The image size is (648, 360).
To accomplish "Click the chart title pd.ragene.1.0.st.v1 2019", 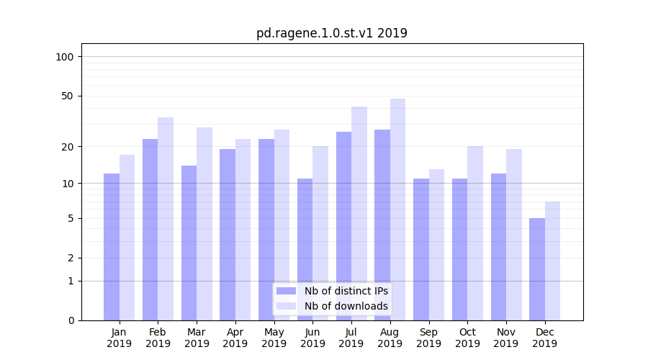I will pyautogui.click(x=332, y=33).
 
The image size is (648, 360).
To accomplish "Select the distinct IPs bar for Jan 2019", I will pyautogui.click(x=112, y=247).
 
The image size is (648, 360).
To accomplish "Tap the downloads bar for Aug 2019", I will pyautogui.click(x=397, y=210).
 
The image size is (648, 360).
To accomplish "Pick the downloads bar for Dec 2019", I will pyautogui.click(x=552, y=261).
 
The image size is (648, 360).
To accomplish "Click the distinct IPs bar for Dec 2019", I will pyautogui.click(x=537, y=269).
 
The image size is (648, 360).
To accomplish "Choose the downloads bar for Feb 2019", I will pyautogui.click(x=166, y=219).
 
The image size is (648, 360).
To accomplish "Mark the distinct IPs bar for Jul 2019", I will pyautogui.click(x=343, y=226).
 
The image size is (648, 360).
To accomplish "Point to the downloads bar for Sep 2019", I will pyautogui.click(x=436, y=245).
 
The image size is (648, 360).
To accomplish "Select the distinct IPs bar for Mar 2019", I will pyautogui.click(x=189, y=243).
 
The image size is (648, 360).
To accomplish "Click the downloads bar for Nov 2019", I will pyautogui.click(x=513, y=235).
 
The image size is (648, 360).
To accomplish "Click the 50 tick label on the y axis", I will pyautogui.click(x=68, y=96).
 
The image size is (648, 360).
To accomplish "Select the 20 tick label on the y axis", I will pyautogui.click(x=68, y=147).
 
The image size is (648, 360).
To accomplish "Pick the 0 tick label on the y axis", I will pyautogui.click(x=71, y=320).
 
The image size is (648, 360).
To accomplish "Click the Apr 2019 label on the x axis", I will pyautogui.click(x=235, y=338).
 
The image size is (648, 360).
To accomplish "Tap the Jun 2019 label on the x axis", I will pyautogui.click(x=312, y=338).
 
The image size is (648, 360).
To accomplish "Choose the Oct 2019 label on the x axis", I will pyautogui.click(x=467, y=338).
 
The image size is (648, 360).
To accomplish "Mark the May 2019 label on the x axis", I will pyautogui.click(x=274, y=338).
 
